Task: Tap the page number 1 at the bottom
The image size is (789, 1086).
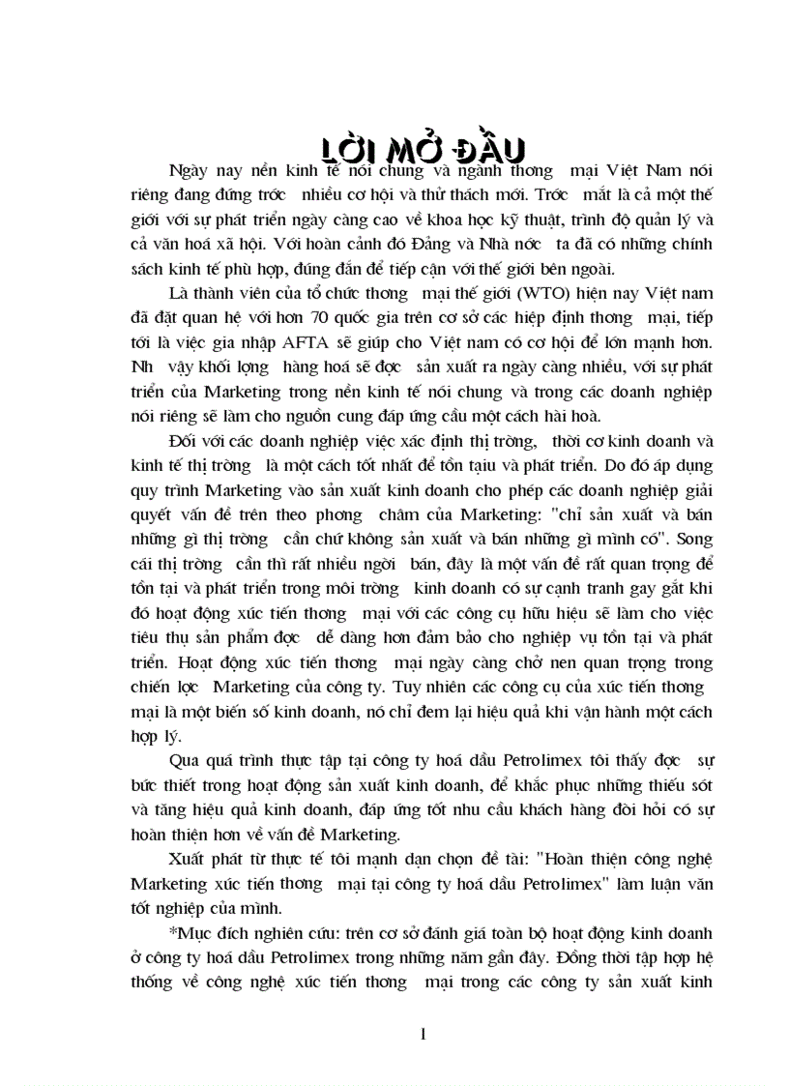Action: point(423,1034)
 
